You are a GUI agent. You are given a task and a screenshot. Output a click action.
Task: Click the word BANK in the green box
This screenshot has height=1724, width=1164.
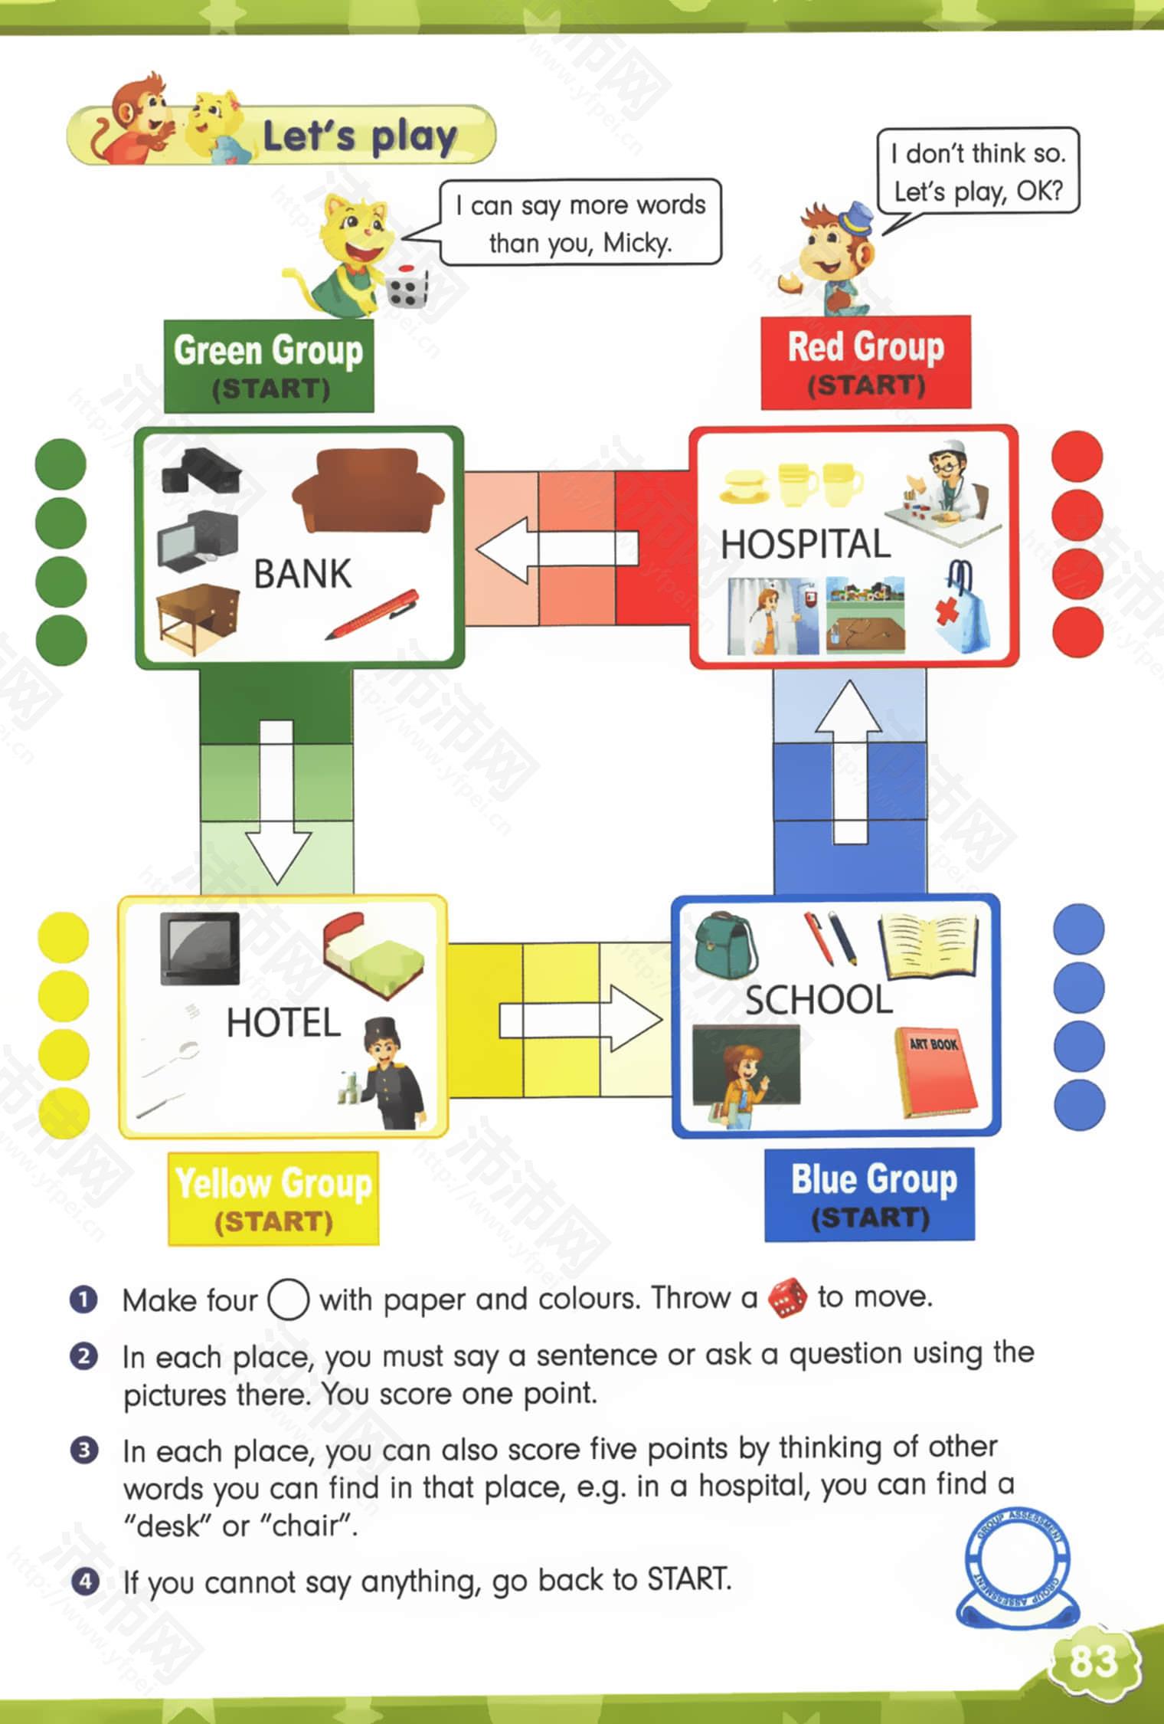tap(302, 574)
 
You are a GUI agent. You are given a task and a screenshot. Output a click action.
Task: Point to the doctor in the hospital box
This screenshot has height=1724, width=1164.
tap(947, 490)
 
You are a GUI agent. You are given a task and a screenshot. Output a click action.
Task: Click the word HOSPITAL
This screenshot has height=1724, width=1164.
tap(806, 544)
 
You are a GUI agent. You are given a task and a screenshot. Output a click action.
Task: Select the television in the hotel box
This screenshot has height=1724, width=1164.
tap(199, 948)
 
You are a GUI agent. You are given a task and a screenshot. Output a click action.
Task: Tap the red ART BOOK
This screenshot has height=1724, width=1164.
tap(936, 1072)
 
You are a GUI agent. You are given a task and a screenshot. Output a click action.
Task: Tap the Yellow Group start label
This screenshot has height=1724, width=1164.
tap(273, 1198)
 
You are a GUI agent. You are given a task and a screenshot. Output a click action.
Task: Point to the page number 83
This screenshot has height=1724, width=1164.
tap(1093, 1662)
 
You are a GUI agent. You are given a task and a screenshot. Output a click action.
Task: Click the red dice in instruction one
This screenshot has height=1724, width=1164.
tap(787, 1297)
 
